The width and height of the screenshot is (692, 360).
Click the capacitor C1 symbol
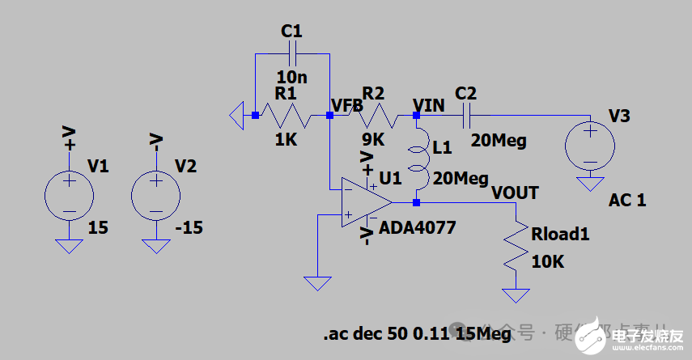click(292, 53)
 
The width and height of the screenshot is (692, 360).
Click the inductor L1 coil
click(418, 159)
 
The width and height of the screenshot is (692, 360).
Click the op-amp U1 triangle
click(364, 202)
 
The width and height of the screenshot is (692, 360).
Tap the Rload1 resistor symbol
click(515, 246)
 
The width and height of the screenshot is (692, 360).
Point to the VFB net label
click(347, 105)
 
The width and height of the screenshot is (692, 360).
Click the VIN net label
click(429, 104)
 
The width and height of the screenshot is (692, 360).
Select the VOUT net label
click(515, 193)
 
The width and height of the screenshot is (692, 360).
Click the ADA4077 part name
click(418, 228)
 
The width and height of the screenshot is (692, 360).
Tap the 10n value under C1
click(291, 77)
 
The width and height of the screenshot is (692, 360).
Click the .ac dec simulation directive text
click(417, 332)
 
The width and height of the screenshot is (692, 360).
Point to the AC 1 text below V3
click(627, 201)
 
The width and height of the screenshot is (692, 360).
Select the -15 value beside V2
click(189, 227)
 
